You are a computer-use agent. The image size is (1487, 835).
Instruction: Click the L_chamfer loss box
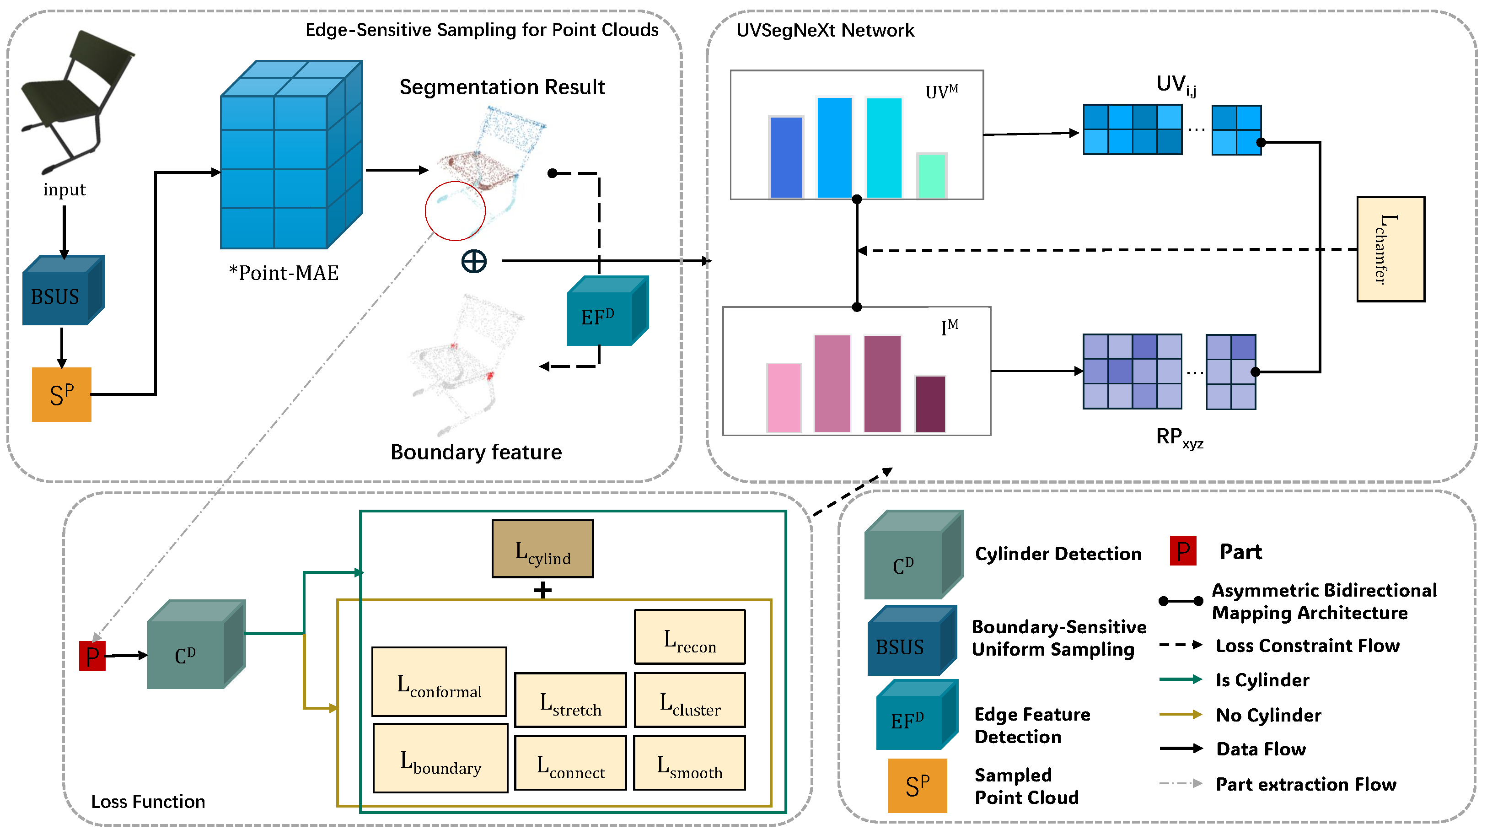point(1390,249)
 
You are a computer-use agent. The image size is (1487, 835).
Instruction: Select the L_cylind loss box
point(542,549)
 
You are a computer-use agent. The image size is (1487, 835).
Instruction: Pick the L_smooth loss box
point(689,763)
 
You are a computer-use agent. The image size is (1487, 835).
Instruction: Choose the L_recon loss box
point(689,637)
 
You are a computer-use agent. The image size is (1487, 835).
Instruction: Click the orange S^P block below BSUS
point(61,394)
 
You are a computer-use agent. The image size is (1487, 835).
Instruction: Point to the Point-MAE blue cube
point(291,155)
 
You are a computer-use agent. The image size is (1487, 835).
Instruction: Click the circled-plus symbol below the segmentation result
point(474,262)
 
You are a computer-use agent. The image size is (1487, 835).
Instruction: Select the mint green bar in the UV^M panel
point(931,176)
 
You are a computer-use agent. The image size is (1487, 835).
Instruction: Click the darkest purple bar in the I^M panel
point(930,404)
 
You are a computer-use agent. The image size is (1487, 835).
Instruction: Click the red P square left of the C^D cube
point(92,656)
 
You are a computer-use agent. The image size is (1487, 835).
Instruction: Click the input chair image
point(75,101)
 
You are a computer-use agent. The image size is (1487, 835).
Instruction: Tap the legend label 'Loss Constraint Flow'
point(1307,645)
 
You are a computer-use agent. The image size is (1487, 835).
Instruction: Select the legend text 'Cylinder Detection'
point(1058,553)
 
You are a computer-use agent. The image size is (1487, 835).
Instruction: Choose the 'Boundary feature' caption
point(476,452)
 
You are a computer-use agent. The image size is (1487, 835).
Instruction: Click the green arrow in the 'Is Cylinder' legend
point(1181,679)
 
